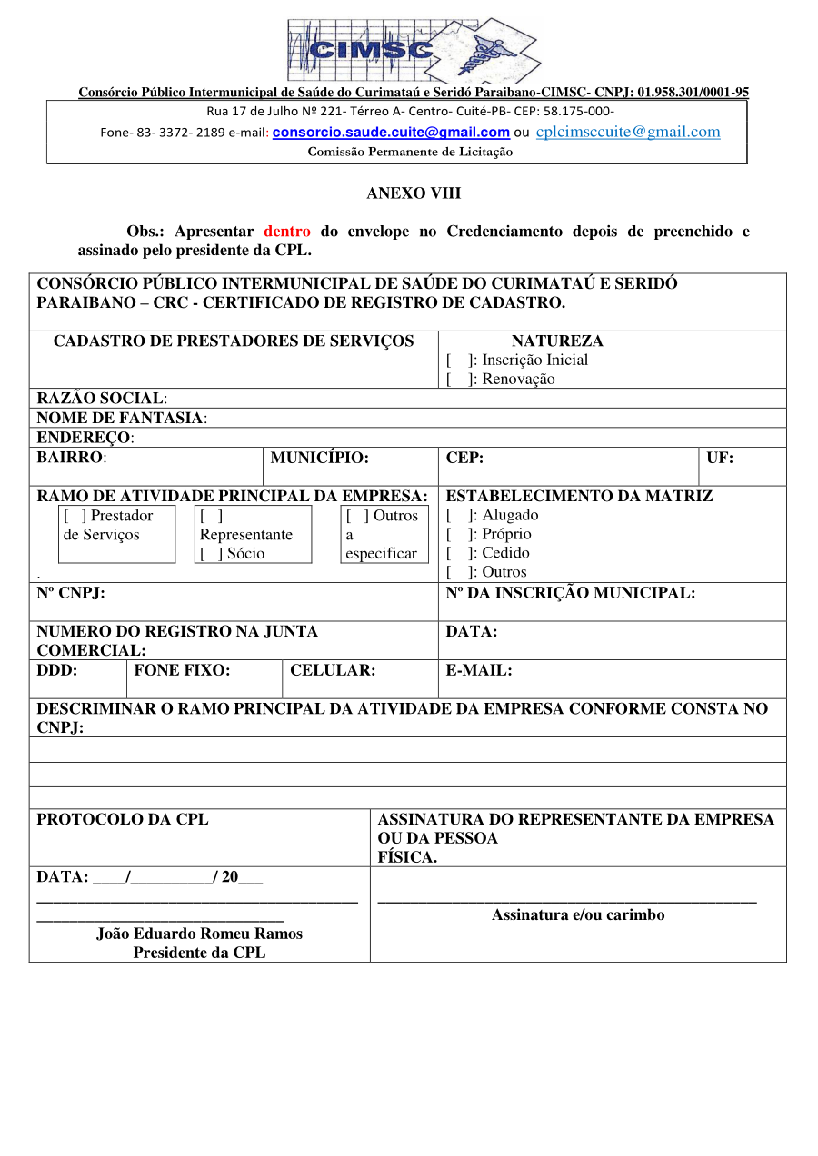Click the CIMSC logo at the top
tap(414, 49)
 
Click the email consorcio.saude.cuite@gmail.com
tap(391, 133)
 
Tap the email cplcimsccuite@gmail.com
tap(628, 132)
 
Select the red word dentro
tap(287, 232)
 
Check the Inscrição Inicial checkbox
tap(457, 361)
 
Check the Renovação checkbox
tap(457, 380)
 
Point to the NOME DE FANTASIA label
tap(122, 419)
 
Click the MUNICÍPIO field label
tap(319, 458)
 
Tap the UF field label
tap(720, 458)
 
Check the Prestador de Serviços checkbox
tap(75, 516)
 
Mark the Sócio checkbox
tap(212, 554)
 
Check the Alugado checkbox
tap(457, 516)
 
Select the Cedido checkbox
tap(457, 553)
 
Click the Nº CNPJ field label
tap(71, 593)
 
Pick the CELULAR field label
tap(333, 671)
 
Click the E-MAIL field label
tap(479, 671)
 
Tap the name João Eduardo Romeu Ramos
tap(199, 934)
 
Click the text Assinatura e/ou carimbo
tap(578, 915)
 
